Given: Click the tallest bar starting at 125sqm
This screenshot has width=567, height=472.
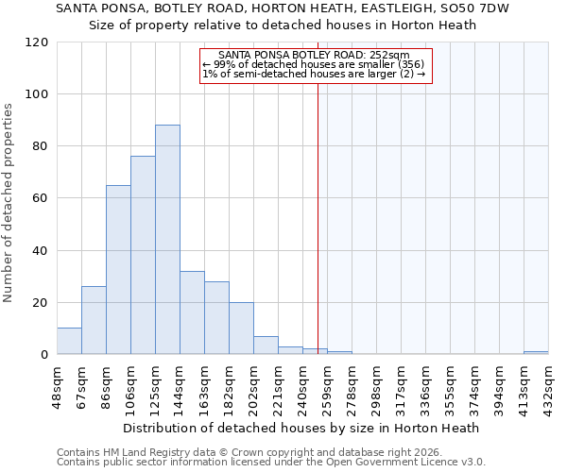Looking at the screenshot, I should point(167,240).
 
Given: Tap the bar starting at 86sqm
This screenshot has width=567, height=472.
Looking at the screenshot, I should point(118,270).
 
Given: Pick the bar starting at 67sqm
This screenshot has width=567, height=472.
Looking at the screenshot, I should point(94,320).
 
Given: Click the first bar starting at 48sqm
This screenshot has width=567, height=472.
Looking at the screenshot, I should point(69,341).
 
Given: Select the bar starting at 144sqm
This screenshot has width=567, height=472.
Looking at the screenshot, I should point(192,312).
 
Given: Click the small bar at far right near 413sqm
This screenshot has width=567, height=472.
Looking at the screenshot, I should point(536,352).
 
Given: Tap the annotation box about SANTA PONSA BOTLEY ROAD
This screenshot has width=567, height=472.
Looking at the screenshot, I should point(317,65).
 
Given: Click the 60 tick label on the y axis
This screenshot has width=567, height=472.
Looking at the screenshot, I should point(41,198).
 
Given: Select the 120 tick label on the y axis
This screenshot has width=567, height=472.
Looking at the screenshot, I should point(37,42).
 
